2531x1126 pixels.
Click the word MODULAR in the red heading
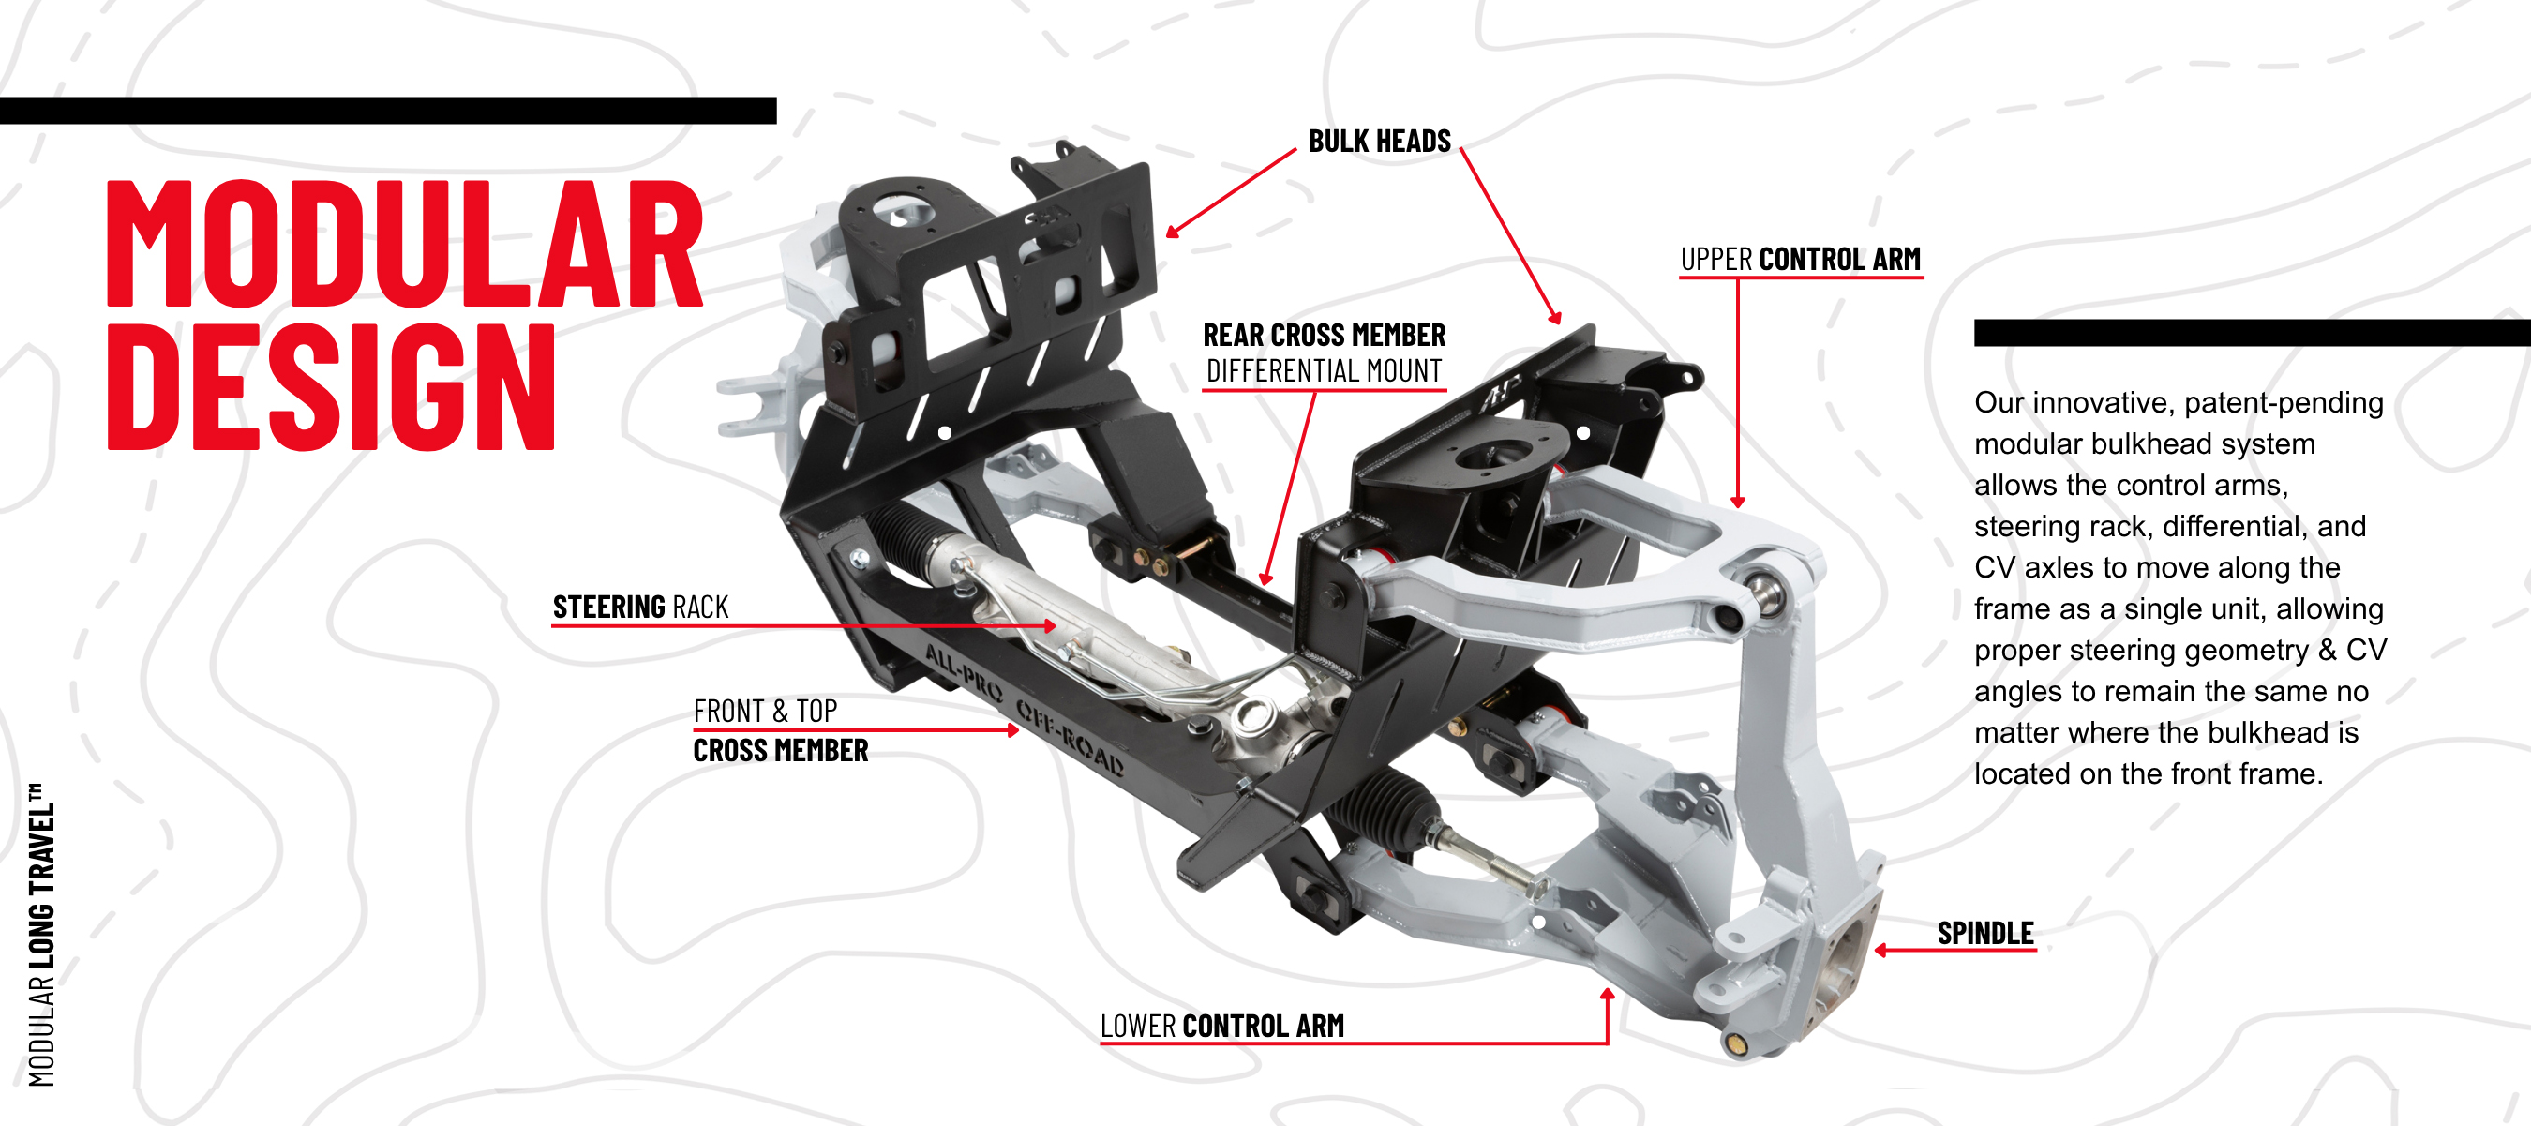coord(404,244)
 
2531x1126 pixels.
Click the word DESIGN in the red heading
coord(331,386)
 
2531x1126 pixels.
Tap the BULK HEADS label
coord(1379,142)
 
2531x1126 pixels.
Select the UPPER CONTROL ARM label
coord(1799,260)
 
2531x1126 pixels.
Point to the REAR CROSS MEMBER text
coord(1324,335)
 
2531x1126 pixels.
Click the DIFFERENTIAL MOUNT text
coord(1324,371)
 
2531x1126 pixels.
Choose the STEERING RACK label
coord(640,608)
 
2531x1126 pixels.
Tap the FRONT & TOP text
coord(764,711)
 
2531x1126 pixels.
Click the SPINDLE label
coord(1984,934)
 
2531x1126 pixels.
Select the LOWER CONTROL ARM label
coord(1221,1026)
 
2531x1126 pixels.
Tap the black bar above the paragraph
coord(2250,332)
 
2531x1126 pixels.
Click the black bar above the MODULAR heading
coord(387,110)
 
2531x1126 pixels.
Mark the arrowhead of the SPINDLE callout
coord(1880,950)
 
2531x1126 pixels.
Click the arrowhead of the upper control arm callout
coord(1737,503)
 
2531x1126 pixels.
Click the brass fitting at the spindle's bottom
coord(1736,1043)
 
